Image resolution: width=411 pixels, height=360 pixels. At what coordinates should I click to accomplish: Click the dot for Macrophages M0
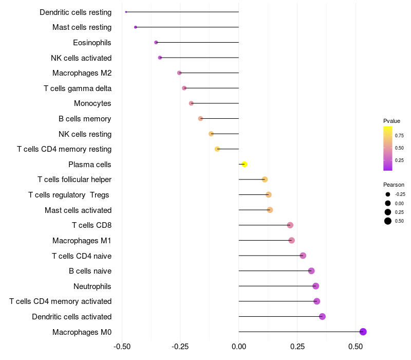point(363,332)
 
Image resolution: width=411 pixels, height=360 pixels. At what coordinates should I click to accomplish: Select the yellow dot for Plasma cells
point(245,164)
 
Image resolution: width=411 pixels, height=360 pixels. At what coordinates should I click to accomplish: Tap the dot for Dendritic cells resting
point(126,12)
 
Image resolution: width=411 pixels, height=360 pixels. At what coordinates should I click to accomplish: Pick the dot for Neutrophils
point(315,286)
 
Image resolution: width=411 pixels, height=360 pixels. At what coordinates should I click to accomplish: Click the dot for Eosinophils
point(156,42)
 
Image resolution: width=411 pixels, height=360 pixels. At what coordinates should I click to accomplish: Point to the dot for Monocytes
point(191,103)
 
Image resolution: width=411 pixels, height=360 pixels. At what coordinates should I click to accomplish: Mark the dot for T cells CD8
point(290,225)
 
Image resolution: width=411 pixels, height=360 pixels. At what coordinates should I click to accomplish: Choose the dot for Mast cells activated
point(270,210)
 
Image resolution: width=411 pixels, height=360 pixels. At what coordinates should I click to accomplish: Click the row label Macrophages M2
point(82,73)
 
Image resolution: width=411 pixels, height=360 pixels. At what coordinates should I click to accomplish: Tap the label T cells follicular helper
point(74,179)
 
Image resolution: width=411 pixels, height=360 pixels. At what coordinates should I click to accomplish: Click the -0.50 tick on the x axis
point(122,347)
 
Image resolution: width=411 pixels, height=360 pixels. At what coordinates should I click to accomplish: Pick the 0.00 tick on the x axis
point(239,347)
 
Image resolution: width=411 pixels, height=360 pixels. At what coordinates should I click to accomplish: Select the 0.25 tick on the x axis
point(297,347)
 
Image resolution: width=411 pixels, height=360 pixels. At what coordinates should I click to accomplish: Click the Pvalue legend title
point(391,121)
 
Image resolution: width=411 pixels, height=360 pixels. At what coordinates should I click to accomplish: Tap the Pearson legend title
point(394,185)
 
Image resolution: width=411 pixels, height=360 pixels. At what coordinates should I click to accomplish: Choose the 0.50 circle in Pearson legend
point(387,221)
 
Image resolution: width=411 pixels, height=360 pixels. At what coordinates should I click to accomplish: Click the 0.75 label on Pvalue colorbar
point(399,136)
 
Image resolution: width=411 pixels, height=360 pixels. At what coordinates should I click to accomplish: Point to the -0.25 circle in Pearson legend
point(387,194)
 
